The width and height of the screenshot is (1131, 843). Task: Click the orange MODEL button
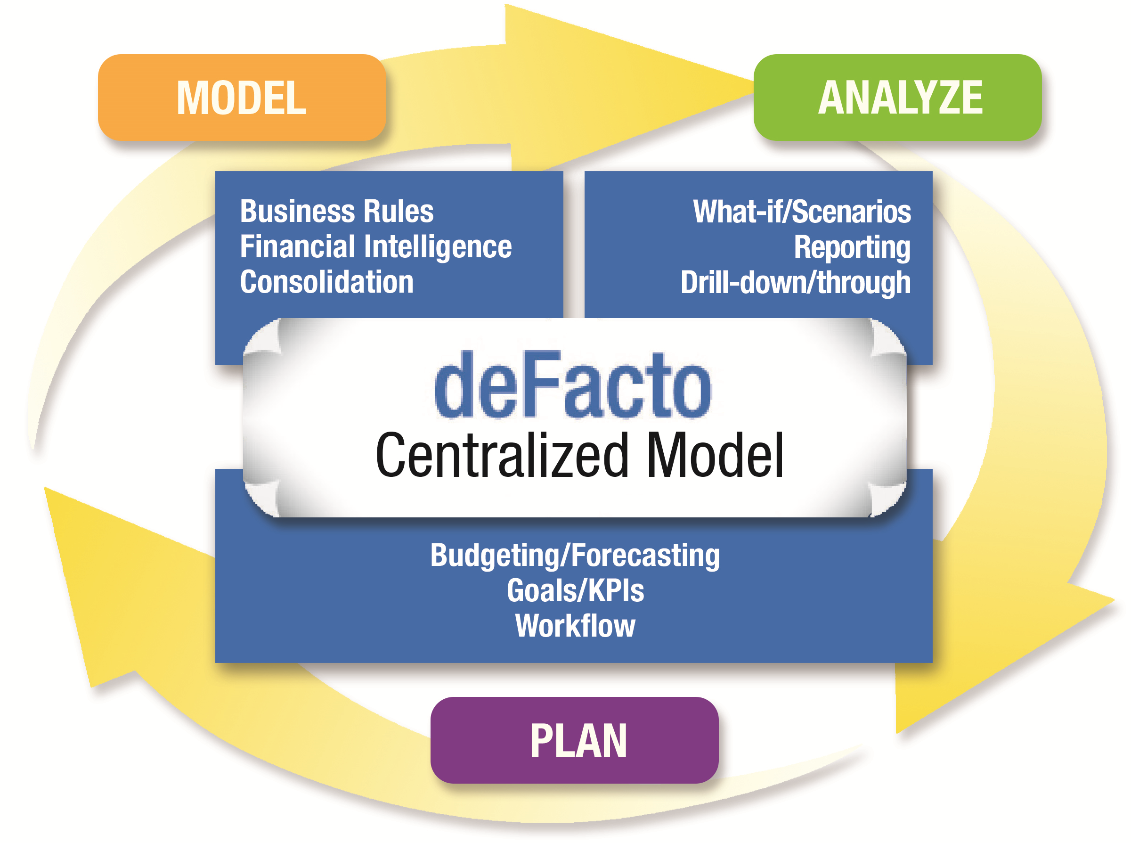click(241, 98)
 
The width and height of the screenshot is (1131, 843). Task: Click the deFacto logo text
click(572, 385)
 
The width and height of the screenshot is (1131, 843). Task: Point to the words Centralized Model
click(578, 455)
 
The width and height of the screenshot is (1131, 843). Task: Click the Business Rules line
click(337, 211)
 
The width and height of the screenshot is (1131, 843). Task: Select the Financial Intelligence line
click(375, 247)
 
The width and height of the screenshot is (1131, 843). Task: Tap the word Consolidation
click(326, 282)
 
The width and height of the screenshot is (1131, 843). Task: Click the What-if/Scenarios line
click(801, 212)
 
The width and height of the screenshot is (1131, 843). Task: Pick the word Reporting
click(852, 247)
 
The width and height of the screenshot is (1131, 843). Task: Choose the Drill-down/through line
click(795, 283)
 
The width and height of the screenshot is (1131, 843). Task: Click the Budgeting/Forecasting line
click(574, 555)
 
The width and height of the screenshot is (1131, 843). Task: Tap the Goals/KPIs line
click(575, 590)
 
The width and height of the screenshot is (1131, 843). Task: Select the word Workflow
click(575, 626)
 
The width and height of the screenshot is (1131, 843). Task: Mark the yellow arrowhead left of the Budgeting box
click(117, 577)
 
